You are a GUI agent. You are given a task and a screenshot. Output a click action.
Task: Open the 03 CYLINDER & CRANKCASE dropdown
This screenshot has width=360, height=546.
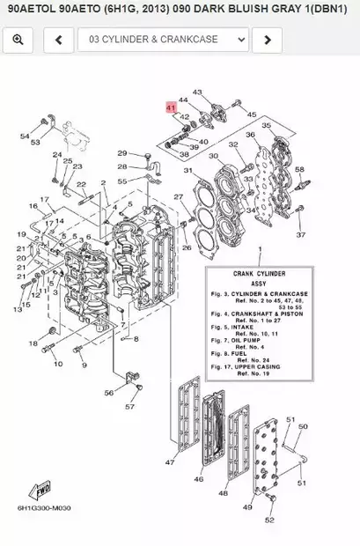click(164, 40)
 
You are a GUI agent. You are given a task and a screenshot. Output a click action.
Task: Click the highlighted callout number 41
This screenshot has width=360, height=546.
click(171, 107)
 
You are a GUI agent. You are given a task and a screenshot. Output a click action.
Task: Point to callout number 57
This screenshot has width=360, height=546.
click(130, 407)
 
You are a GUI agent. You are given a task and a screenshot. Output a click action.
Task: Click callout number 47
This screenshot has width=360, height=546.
click(170, 462)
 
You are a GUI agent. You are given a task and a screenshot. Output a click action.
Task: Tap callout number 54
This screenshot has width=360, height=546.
click(26, 136)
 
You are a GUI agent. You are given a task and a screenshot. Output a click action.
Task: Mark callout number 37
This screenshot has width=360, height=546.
click(301, 235)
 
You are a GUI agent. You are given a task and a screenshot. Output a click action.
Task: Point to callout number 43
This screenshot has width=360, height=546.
click(196, 92)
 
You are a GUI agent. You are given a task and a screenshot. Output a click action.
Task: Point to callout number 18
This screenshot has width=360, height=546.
click(33, 343)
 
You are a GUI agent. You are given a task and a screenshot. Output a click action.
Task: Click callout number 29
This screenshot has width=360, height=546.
click(122, 152)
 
